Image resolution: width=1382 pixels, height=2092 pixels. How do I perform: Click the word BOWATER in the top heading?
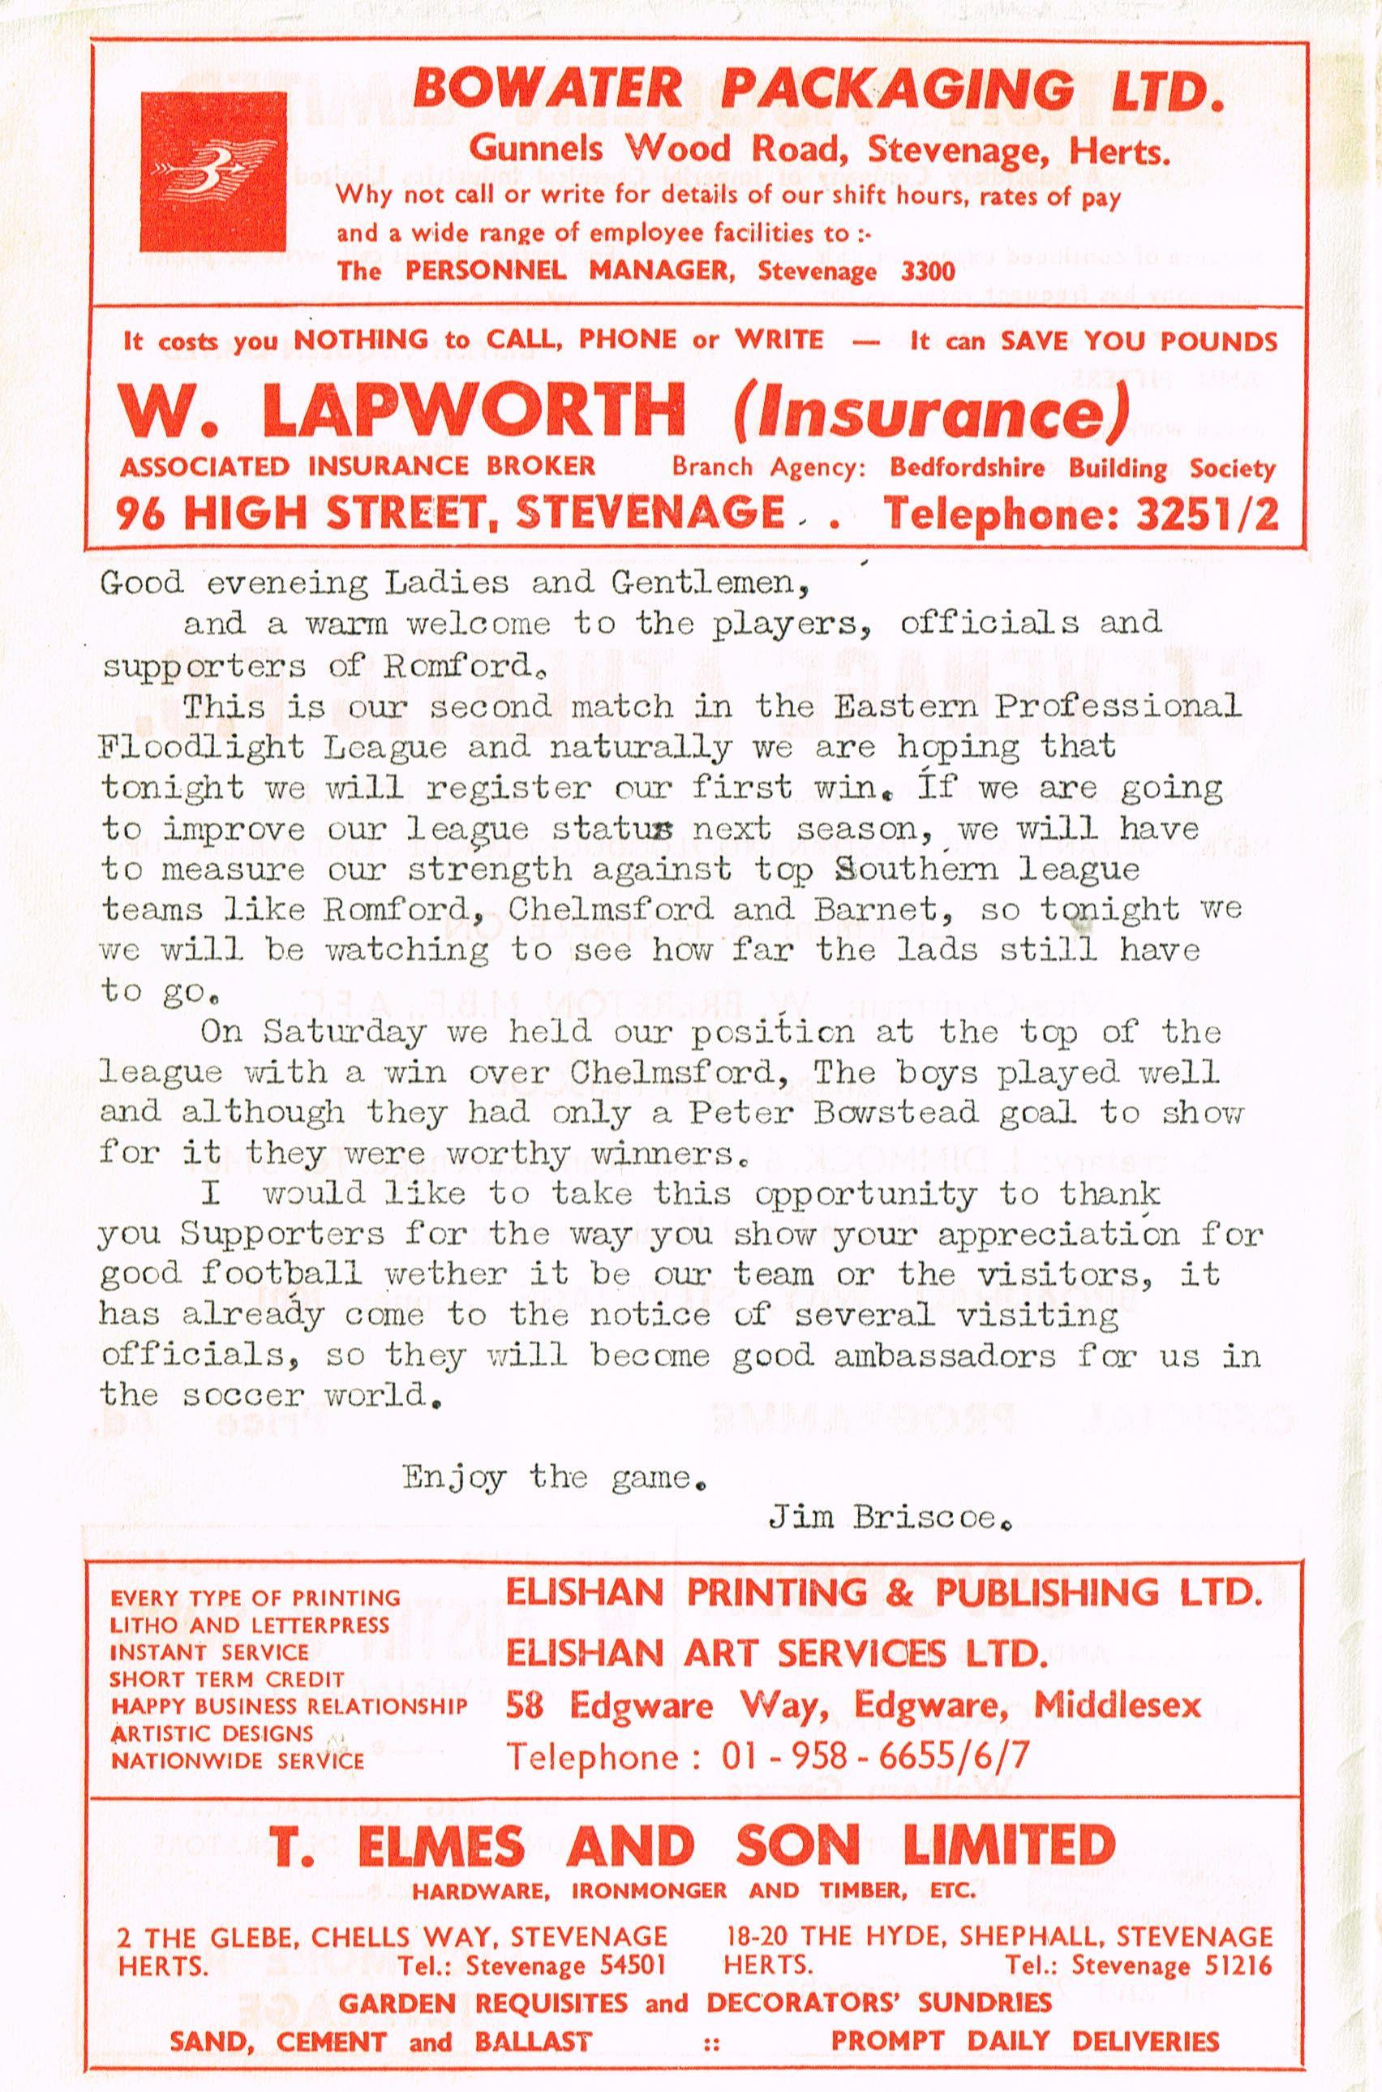[x=547, y=89]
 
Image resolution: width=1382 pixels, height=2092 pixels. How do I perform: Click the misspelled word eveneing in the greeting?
[x=270, y=583]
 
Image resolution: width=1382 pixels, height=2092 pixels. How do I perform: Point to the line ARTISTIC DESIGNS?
[x=212, y=1733]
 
